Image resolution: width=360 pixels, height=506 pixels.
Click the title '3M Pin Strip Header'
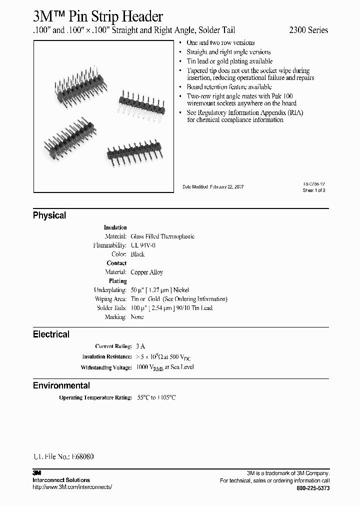(x=97, y=16)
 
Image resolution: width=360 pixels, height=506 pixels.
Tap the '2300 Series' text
(x=309, y=30)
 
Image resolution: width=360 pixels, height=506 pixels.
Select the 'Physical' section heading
(x=49, y=215)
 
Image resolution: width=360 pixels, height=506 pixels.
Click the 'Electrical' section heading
(x=51, y=334)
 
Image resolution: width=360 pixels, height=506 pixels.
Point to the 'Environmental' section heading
(x=61, y=385)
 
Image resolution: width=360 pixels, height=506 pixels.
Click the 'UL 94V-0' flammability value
(x=143, y=245)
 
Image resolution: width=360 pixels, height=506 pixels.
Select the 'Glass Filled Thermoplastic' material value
(x=162, y=236)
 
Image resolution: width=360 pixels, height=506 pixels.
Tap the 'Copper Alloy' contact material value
(x=146, y=272)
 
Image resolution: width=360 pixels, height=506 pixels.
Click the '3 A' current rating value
(x=140, y=346)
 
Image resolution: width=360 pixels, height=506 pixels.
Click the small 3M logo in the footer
(x=37, y=473)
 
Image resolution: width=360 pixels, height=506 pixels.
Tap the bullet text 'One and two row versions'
(x=220, y=43)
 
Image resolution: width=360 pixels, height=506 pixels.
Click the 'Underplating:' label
(x=111, y=290)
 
